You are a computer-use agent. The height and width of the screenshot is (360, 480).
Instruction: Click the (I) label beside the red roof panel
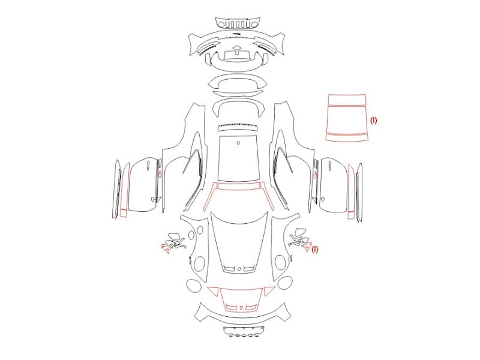[374, 121]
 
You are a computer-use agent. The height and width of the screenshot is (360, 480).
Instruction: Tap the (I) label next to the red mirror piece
[315, 250]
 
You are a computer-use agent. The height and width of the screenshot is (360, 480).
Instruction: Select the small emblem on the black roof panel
[238, 143]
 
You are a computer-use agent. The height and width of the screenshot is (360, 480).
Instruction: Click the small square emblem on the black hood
[239, 269]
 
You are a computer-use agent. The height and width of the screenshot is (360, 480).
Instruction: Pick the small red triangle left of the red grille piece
[213, 291]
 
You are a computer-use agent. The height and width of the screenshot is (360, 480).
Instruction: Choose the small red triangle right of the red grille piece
[269, 291]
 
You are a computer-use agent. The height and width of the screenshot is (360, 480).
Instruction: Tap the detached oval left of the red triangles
[194, 286]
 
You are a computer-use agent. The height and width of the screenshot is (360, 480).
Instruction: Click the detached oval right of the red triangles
[285, 283]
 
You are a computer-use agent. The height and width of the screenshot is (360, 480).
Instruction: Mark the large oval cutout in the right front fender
[280, 262]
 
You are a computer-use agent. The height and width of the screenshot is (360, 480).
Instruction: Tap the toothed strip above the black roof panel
[238, 127]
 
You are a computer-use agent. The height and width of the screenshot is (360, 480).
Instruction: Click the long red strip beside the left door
[124, 190]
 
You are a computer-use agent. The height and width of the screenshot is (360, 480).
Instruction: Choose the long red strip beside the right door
[351, 192]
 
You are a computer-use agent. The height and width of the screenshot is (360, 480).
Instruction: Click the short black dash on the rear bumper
[236, 33]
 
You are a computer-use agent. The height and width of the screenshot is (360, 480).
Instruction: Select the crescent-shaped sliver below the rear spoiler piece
[238, 94]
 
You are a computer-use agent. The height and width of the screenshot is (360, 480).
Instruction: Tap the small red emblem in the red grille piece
[241, 307]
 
